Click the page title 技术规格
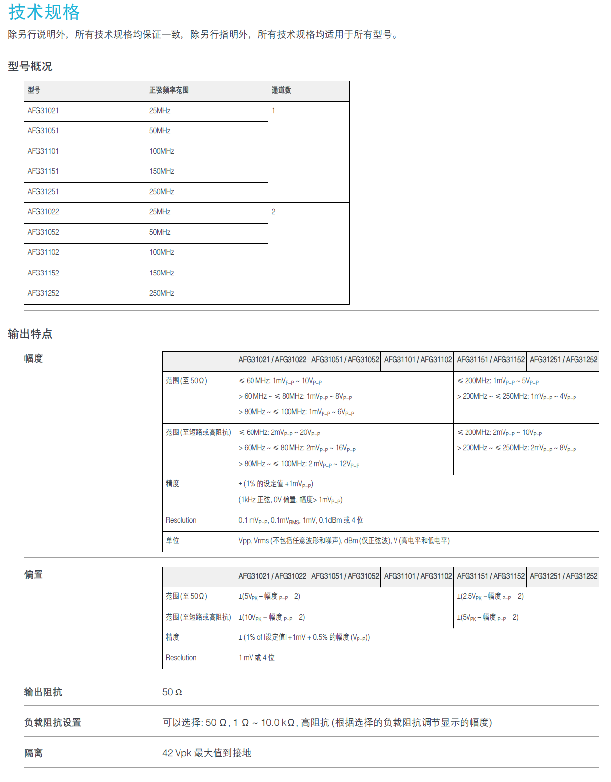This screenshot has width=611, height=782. point(44,12)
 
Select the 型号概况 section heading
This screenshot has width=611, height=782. point(30,66)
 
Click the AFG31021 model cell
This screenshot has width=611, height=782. point(43,111)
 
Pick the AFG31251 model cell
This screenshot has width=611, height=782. point(43,192)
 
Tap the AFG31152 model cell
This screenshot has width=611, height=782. point(43,273)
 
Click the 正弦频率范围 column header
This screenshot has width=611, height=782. point(169,90)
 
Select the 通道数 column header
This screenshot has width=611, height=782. point(281,90)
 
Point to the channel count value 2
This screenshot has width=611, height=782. point(273,212)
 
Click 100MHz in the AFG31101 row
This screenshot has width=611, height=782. point(162,151)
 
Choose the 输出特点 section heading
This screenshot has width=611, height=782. point(30,334)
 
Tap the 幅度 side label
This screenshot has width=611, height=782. point(34,358)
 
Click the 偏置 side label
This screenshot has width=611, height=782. point(34,574)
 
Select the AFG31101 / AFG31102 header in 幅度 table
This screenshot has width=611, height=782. point(418,360)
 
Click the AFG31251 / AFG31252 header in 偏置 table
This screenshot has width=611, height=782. point(563,576)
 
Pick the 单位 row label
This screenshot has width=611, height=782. point(173,541)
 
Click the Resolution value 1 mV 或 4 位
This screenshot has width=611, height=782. point(256,658)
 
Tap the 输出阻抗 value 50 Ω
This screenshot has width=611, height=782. point(172,692)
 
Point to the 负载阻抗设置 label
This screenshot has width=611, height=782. point(53,723)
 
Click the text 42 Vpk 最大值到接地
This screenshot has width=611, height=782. point(207,753)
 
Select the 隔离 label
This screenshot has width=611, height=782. point(34,753)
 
